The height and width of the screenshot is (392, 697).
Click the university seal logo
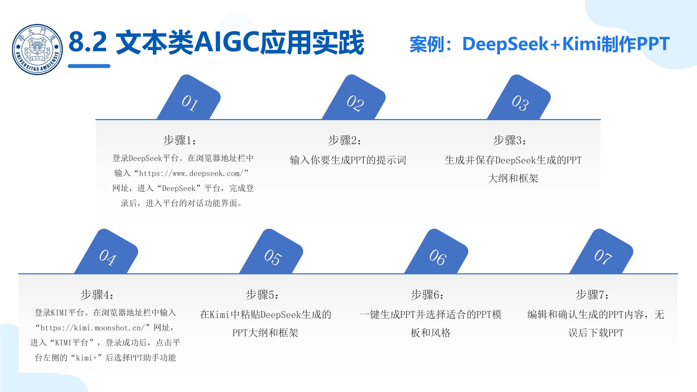[x=37, y=49]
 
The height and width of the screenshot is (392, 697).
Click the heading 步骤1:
[x=180, y=140]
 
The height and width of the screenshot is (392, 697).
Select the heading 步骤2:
[x=345, y=140]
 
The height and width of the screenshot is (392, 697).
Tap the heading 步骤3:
[x=510, y=140]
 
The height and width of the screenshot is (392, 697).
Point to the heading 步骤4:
[x=97, y=294]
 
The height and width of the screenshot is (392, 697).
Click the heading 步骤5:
[x=262, y=294]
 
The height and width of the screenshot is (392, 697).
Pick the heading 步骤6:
[x=427, y=294]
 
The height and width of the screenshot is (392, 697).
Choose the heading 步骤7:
[x=592, y=294]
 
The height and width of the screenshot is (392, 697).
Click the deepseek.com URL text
[x=193, y=173]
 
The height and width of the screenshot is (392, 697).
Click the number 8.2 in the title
[x=88, y=42]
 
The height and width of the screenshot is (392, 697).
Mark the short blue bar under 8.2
[x=89, y=66]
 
